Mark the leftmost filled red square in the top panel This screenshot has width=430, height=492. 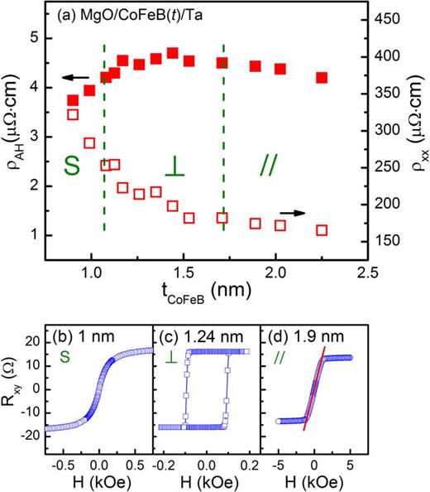(x=73, y=100)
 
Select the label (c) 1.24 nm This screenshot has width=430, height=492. (x=197, y=338)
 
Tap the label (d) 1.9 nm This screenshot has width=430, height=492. (x=300, y=338)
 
